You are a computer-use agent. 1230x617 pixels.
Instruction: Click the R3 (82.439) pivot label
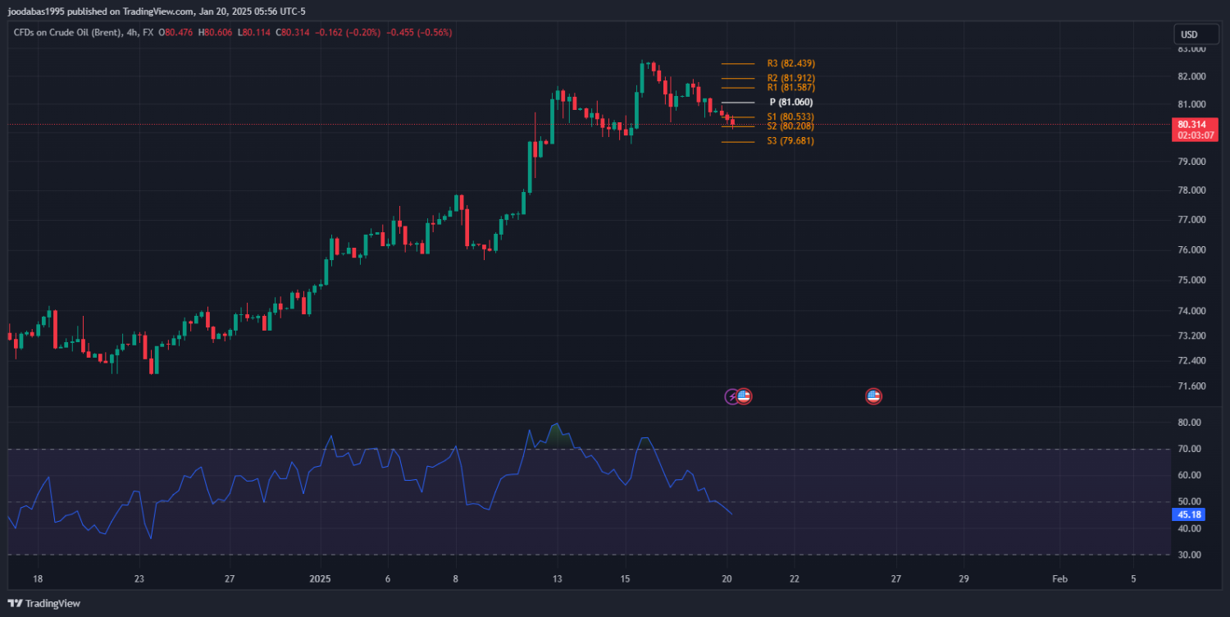coord(790,63)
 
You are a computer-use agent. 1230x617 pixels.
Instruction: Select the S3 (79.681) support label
coord(790,141)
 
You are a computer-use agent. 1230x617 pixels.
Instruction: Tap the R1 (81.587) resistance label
coord(790,87)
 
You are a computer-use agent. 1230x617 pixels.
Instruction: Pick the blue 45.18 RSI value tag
coord(1188,515)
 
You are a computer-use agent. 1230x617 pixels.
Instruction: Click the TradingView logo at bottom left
coord(44,604)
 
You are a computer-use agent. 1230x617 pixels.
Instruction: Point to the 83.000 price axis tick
coord(1191,49)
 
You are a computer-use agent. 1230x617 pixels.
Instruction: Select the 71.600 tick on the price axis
coord(1191,386)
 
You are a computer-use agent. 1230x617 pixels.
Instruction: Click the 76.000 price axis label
coord(1191,250)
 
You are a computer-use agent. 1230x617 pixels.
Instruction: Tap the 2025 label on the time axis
coord(321,578)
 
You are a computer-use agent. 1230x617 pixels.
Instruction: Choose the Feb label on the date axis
coord(1059,578)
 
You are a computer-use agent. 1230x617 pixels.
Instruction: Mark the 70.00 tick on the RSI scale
coord(1189,450)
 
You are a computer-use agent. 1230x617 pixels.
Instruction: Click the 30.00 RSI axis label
coord(1189,555)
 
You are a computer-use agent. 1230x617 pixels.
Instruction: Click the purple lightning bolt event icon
coord(731,397)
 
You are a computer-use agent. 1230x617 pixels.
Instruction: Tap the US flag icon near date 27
coord(873,397)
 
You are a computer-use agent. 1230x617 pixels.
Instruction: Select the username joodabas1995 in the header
coord(37,11)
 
